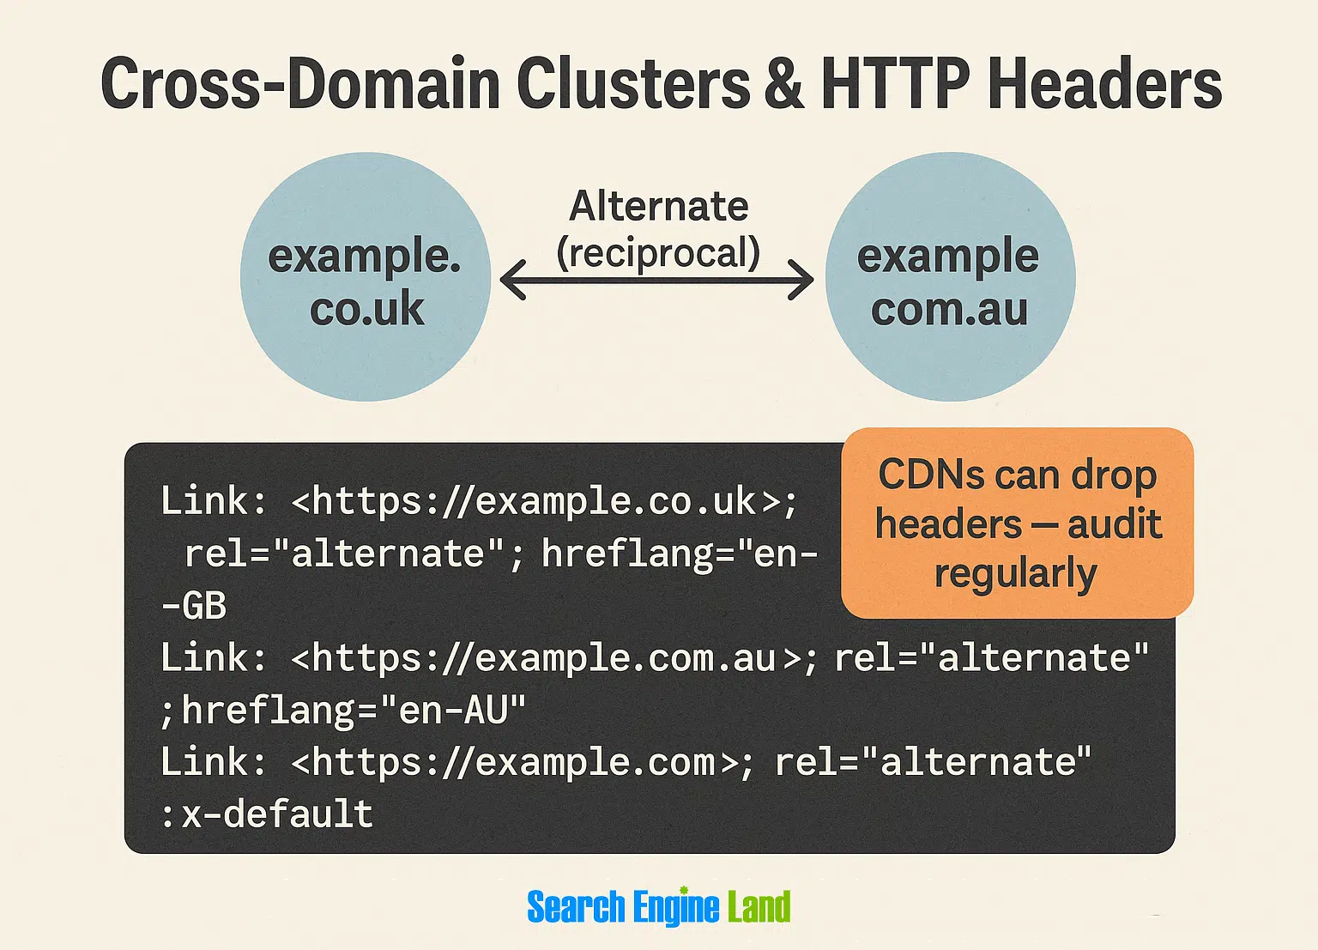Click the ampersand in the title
coord(783,82)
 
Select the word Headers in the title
coord(1104,82)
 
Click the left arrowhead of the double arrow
coord(512,280)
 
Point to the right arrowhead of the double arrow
coord(801,280)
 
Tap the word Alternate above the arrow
coord(658,206)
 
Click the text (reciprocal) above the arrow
coord(658,253)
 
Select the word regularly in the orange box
coord(1016,572)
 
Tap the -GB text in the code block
coord(194,606)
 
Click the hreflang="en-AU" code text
coord(354,710)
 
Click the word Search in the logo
coord(576,906)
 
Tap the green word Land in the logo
coord(759,906)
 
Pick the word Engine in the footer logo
coord(676,908)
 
